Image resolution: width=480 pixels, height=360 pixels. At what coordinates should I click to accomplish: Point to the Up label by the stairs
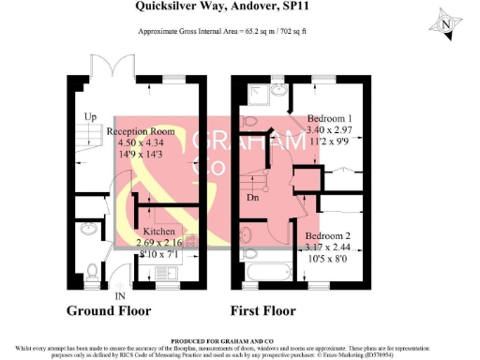(x=91, y=116)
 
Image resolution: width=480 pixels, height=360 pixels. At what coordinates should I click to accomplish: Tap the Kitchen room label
(x=159, y=231)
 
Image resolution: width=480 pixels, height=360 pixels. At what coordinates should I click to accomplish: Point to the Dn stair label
(x=252, y=198)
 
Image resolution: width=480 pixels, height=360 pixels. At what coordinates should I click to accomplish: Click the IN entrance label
(x=120, y=296)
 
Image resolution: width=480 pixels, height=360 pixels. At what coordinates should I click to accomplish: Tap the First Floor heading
(x=268, y=310)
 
